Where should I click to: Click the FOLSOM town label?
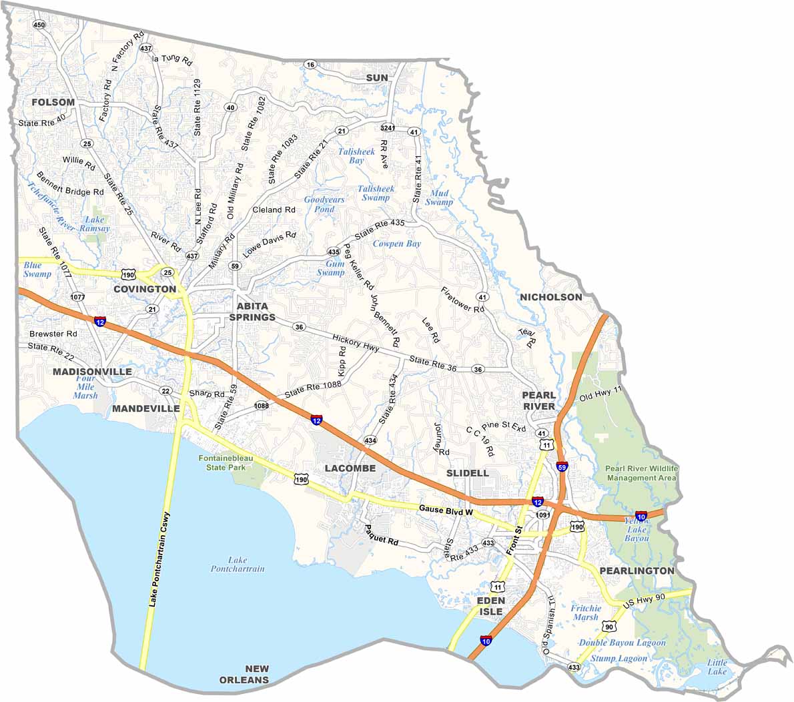53,102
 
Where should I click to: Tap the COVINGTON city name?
145,289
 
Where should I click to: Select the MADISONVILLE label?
92,371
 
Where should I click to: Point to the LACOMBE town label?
350,468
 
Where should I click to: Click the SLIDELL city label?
467,472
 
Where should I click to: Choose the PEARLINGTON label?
637,571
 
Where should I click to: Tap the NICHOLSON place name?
550,297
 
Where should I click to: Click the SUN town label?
377,78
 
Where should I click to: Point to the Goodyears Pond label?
324,204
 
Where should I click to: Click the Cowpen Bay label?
396,244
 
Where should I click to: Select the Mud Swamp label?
438,198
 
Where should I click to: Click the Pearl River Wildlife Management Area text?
641,473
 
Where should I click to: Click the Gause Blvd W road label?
446,510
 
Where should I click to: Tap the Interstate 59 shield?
562,467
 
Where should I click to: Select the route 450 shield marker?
39,25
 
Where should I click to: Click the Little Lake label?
717,667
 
